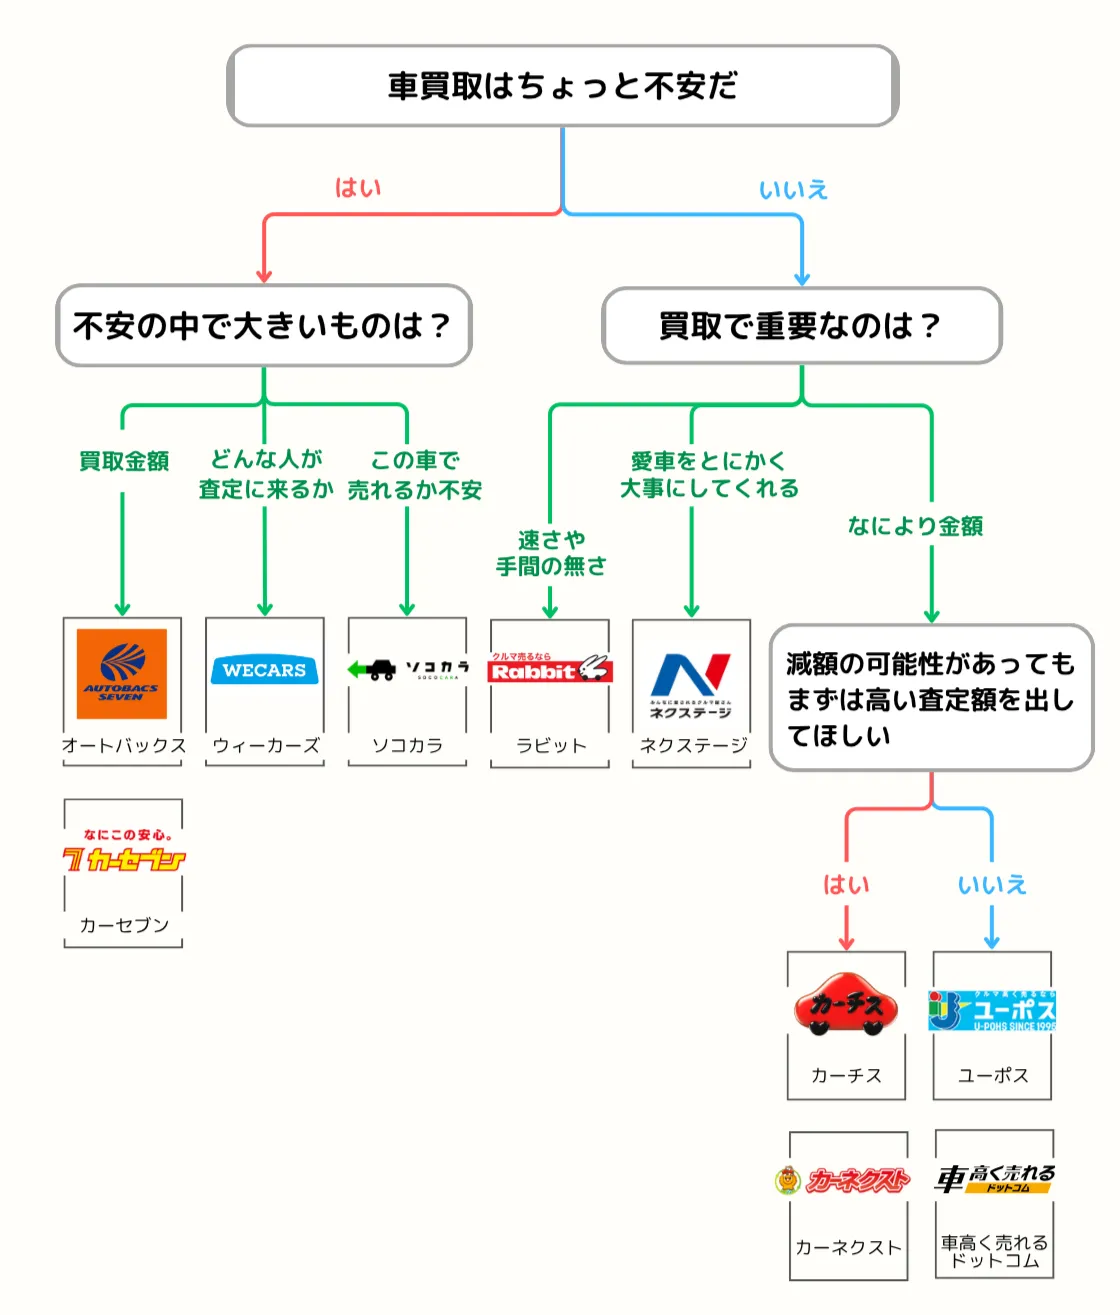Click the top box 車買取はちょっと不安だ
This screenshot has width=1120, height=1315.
pyautogui.click(x=562, y=86)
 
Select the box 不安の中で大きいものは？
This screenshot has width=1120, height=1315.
pyautogui.click(x=263, y=326)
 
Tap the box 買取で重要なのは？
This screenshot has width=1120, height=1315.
pyautogui.click(x=801, y=326)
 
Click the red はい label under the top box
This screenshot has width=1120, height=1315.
pyautogui.click(x=358, y=188)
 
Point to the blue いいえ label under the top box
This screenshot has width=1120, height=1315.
pyautogui.click(x=793, y=189)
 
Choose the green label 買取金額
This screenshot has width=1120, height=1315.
pyautogui.click(x=124, y=461)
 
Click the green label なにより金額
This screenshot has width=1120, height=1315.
pyautogui.click(x=915, y=526)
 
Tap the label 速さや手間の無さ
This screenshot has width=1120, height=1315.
pyautogui.click(x=551, y=553)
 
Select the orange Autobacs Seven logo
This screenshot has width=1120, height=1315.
pyautogui.click(x=122, y=673)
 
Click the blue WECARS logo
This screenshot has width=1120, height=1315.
pyautogui.click(x=264, y=670)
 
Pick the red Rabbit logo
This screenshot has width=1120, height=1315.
pyautogui.click(x=549, y=670)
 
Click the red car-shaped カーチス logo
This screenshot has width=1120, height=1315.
pyautogui.click(x=846, y=1004)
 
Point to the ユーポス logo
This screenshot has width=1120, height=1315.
pyautogui.click(x=992, y=1010)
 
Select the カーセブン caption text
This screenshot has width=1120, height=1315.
pyautogui.click(x=124, y=926)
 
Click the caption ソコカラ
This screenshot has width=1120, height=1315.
pyautogui.click(x=407, y=746)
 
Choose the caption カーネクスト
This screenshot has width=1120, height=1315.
pyautogui.click(x=848, y=1247)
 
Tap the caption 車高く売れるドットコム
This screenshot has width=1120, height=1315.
pyautogui.click(x=994, y=1251)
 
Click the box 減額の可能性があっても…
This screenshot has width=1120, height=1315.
pyautogui.click(x=931, y=699)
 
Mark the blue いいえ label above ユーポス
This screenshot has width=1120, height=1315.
pyautogui.click(x=992, y=885)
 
